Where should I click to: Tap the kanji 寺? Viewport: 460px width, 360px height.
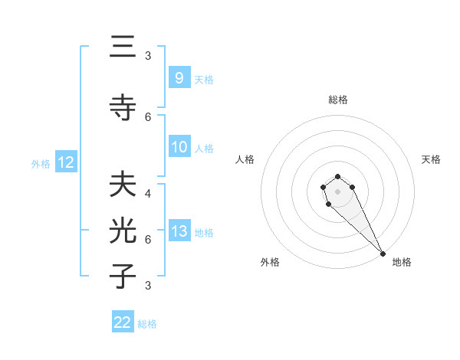pyautogui.click(x=123, y=107)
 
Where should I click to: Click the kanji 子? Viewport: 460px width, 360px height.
pyautogui.click(x=123, y=275)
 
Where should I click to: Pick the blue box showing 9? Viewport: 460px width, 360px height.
pyautogui.click(x=179, y=77)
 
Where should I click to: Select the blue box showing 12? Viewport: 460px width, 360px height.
pyautogui.click(x=65, y=162)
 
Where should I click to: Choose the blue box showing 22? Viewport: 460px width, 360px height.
pyautogui.click(x=123, y=322)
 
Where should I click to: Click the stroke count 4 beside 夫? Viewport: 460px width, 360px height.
pyautogui.click(x=147, y=194)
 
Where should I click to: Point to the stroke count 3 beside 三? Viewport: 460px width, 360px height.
pyautogui.click(x=147, y=56)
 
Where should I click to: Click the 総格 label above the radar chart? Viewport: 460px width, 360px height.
pyautogui.click(x=338, y=100)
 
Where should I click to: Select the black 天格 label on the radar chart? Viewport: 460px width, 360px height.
pyautogui.click(x=431, y=159)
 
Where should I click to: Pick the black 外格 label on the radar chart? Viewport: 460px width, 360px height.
pyautogui.click(x=270, y=262)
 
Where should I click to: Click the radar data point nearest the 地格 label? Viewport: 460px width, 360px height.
pyautogui.click(x=383, y=254)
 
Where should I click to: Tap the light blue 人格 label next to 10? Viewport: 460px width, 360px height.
pyautogui.click(x=204, y=148)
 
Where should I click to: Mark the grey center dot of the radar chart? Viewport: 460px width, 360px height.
pyautogui.click(x=337, y=191)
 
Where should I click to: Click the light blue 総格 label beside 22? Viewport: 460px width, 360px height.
pyautogui.click(x=147, y=323)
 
